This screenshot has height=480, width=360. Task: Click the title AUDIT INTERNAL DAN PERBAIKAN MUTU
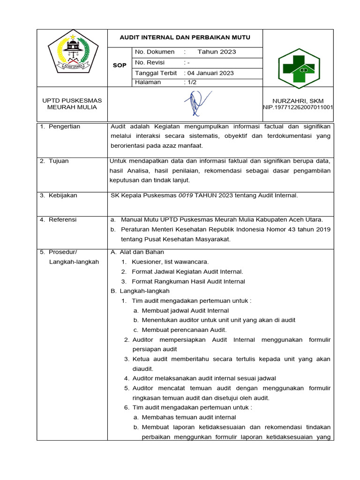(185, 37)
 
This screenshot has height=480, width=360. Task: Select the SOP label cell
(120, 66)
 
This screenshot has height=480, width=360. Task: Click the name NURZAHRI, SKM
(298, 101)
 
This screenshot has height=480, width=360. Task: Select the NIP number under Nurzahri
(298, 107)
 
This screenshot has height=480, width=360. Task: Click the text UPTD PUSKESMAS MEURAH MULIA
(72, 104)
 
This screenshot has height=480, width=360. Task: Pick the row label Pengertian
(64, 127)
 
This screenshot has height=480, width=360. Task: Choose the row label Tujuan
(59, 161)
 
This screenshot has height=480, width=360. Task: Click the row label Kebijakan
(63, 195)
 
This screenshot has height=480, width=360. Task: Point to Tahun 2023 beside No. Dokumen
(217, 52)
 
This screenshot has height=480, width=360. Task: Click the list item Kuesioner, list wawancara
(170, 262)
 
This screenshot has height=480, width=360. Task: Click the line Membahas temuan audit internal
(188, 417)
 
